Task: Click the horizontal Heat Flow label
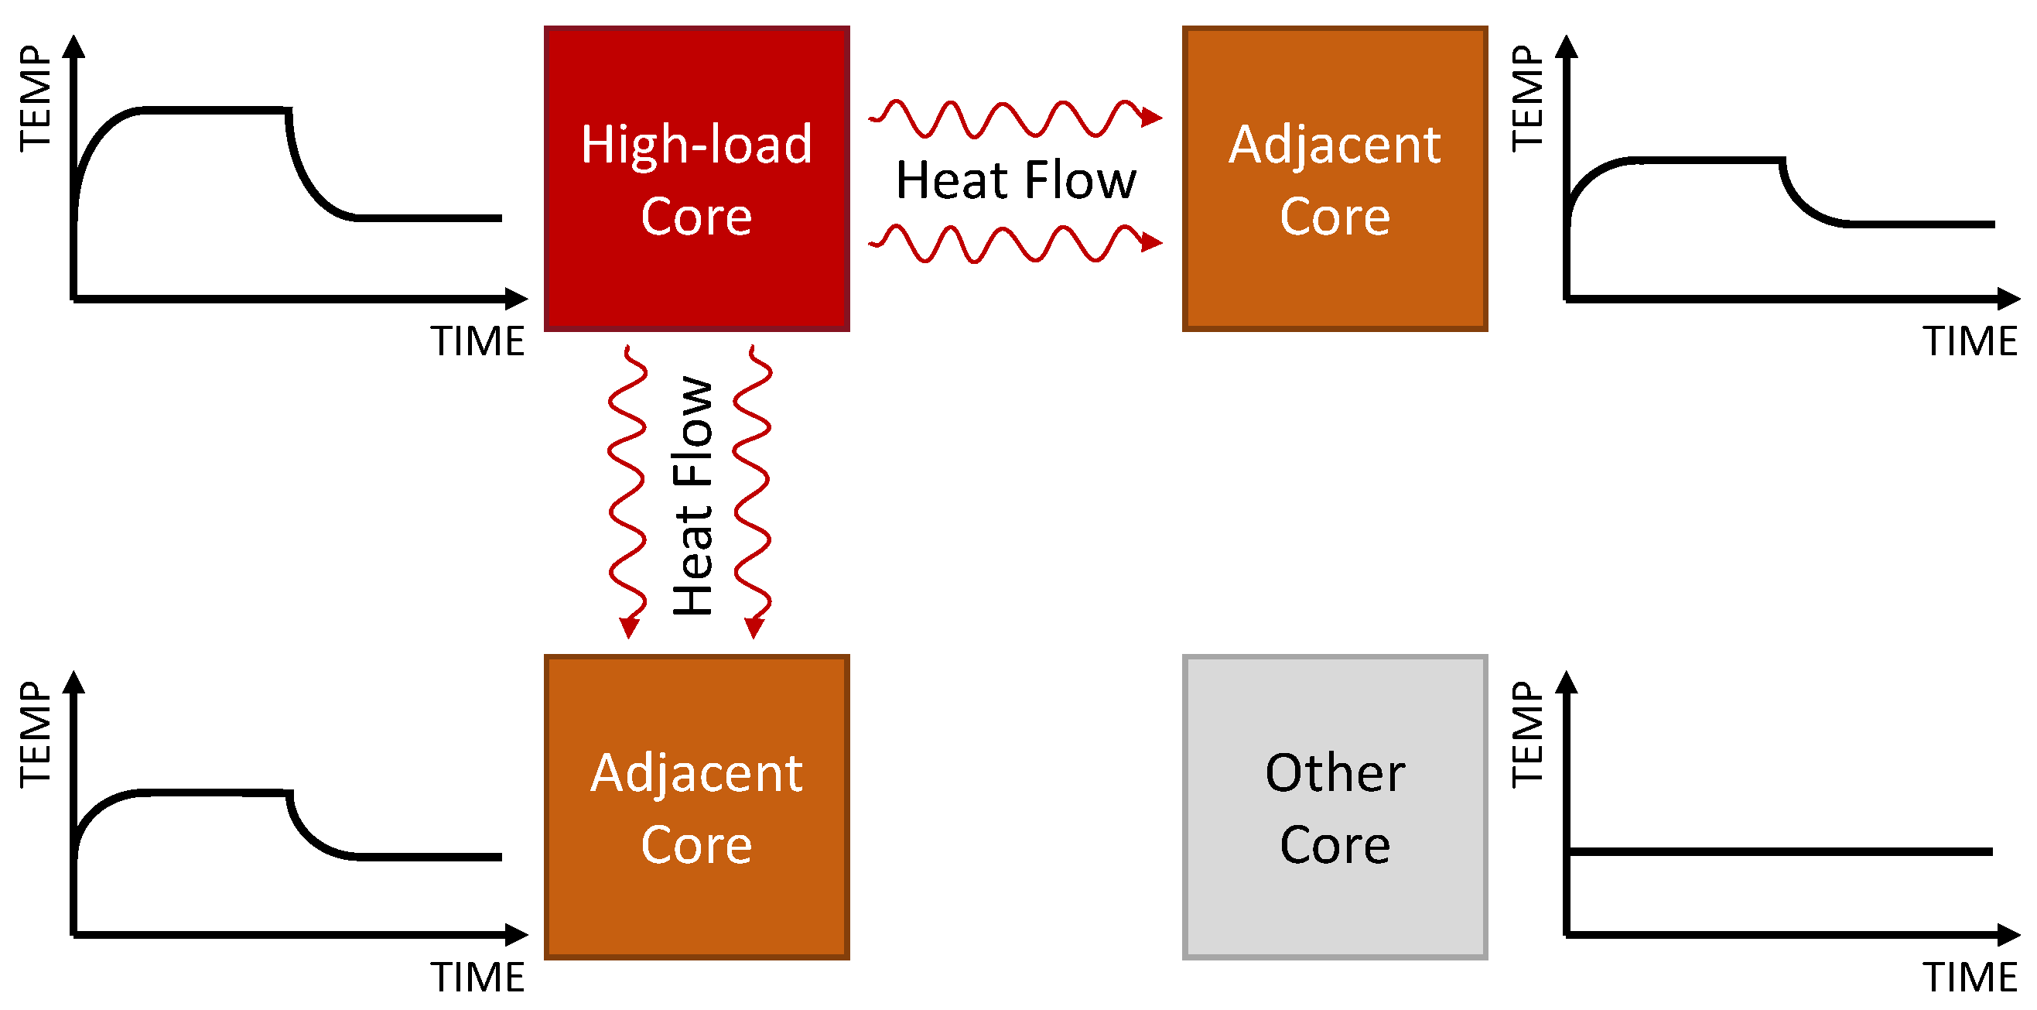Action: [1015, 180]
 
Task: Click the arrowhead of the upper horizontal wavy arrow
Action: [1152, 118]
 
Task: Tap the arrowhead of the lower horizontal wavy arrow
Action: [1152, 242]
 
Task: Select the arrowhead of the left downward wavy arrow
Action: [629, 627]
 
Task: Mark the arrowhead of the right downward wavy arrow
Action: [754, 627]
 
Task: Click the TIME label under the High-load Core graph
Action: [477, 341]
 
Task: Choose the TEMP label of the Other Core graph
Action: [1527, 733]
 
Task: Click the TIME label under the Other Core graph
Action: [1970, 977]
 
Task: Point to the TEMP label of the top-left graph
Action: [36, 98]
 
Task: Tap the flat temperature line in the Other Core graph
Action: [1779, 852]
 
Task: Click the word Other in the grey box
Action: [1334, 772]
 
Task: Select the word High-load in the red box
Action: [696, 144]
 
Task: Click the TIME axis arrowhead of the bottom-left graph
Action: [517, 934]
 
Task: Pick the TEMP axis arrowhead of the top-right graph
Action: [1566, 46]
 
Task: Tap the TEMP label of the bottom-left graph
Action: [36, 734]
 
